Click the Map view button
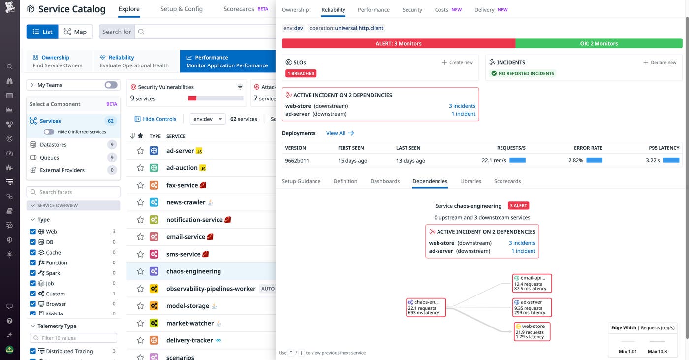[75, 32]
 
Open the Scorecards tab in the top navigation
[239, 9]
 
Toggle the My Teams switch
[111, 85]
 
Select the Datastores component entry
[53, 145]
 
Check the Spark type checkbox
[33, 273]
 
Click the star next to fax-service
[140, 185]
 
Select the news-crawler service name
[186, 202]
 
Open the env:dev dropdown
[207, 119]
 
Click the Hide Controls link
[156, 119]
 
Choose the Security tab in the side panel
[412, 10]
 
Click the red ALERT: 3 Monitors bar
[398, 43]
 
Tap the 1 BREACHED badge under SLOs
[301, 73]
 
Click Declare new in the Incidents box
[659, 62]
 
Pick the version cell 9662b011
[297, 160]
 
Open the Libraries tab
[470, 181]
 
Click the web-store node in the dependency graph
[532, 331]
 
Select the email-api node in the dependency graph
[532, 283]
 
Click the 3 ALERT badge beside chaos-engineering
[518, 206]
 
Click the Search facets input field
[73, 192]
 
